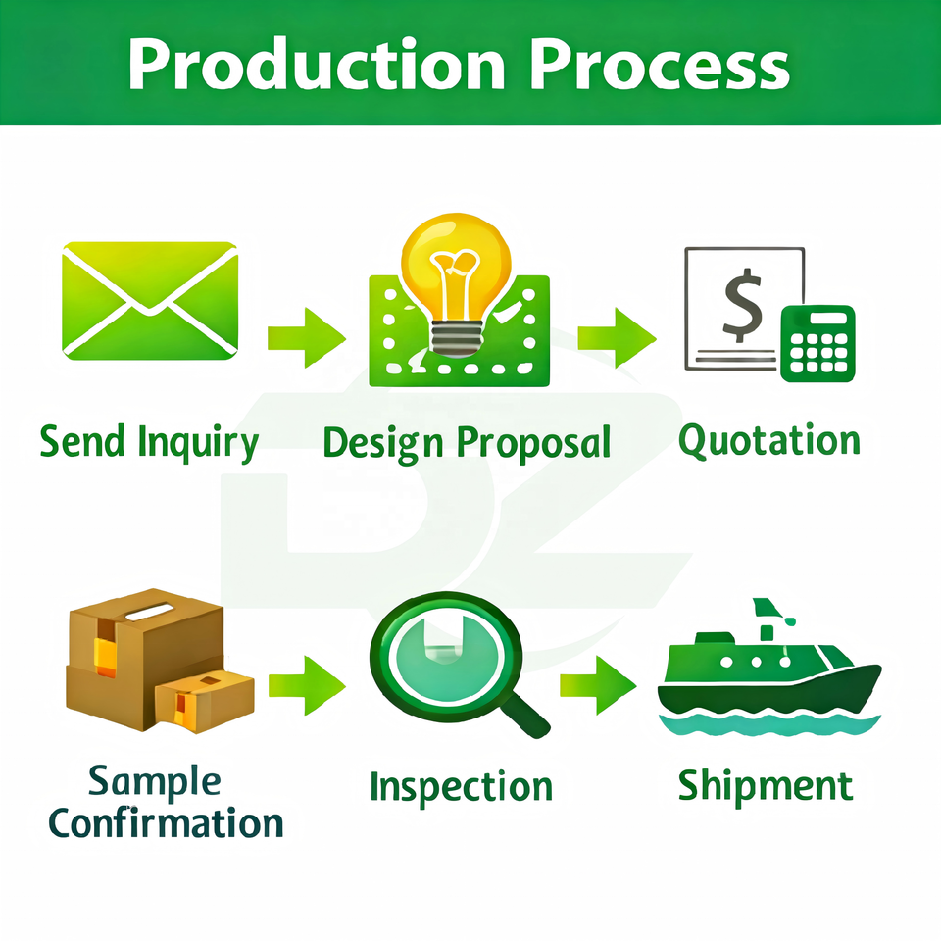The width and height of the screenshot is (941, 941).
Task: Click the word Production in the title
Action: pos(317,64)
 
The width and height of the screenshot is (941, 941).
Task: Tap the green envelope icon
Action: pos(150,301)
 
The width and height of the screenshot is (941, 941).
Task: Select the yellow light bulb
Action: pos(457,283)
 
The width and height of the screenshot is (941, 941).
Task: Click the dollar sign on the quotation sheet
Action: pos(743,305)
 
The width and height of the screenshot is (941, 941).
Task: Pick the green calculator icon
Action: pos(817,343)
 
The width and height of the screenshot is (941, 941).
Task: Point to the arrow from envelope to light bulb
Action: pos(307,337)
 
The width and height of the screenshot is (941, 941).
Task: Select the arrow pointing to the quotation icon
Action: pos(617,337)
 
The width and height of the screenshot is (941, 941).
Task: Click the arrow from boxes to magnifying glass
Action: pos(307,685)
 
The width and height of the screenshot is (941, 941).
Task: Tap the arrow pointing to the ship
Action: pos(598,685)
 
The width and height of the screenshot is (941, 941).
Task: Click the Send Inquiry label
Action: pos(149,443)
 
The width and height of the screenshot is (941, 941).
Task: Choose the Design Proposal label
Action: pos(467,444)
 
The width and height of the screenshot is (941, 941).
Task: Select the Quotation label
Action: pos(769,440)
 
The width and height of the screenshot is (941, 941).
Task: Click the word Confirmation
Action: pos(166,822)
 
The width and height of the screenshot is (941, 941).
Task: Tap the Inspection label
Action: pos(461,787)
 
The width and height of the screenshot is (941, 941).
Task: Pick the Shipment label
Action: pos(766,786)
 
